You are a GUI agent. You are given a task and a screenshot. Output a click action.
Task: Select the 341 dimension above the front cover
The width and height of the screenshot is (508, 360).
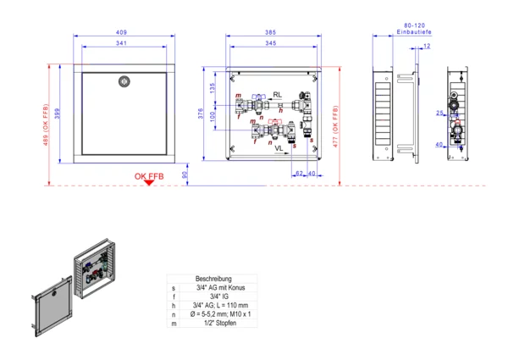point(122,42)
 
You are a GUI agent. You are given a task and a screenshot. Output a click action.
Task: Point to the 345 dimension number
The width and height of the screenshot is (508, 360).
point(269,42)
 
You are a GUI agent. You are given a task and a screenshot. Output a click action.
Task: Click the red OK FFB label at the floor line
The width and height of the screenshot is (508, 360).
point(148,176)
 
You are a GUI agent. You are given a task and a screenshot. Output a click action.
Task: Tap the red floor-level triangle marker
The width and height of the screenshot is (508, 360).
point(148,184)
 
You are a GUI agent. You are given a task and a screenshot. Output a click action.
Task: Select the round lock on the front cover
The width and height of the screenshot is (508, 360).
point(123,82)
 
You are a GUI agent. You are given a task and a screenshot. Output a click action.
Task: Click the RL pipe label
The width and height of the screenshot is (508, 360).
point(278,95)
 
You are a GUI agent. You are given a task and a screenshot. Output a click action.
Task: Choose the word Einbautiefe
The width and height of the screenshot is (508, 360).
point(415,32)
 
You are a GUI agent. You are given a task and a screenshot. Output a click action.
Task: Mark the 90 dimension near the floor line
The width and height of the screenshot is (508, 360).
point(185,175)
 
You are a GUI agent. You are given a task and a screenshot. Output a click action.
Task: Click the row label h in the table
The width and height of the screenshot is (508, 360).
point(174,305)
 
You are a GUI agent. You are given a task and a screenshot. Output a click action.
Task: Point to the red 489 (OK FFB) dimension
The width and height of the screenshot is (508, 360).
point(44,124)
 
